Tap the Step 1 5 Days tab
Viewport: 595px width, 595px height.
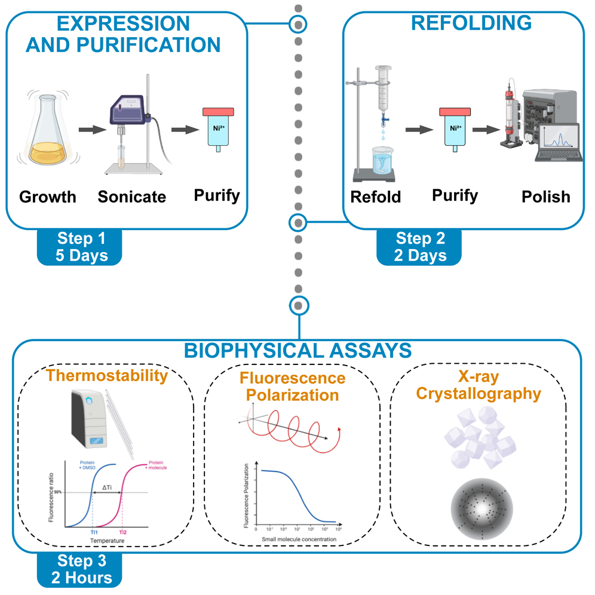tap(83, 247)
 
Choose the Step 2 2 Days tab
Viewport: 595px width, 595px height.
tap(420, 247)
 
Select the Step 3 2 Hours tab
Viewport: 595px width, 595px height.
tap(83, 568)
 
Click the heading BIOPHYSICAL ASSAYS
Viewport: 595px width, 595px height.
tap(297, 351)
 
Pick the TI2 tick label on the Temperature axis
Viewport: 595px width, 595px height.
tap(122, 531)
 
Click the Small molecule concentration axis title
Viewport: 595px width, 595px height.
tap(299, 539)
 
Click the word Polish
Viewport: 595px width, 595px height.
tap(545, 197)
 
